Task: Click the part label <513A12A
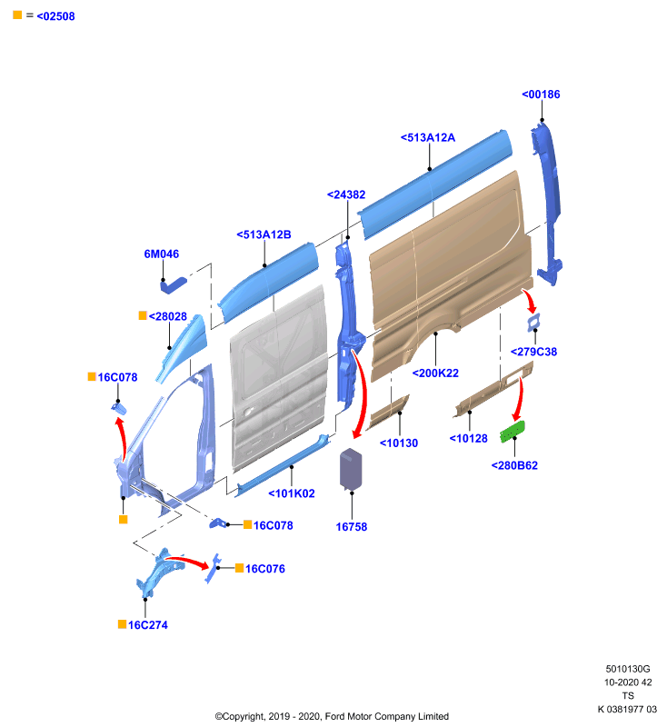428,138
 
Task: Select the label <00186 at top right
541,95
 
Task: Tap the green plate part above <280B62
513,432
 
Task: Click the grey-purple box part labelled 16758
351,469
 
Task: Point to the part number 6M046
162,254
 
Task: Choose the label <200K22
435,373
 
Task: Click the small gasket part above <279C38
533,322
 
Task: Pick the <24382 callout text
346,194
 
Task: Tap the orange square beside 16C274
123,624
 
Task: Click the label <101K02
292,493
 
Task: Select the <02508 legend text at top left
55,16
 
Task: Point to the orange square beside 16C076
240,568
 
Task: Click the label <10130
399,443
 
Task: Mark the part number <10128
469,439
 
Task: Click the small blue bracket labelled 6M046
174,285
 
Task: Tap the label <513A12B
264,235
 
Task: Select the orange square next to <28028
143,315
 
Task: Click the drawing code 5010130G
628,669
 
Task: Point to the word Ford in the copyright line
334,716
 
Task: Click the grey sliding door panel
279,378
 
